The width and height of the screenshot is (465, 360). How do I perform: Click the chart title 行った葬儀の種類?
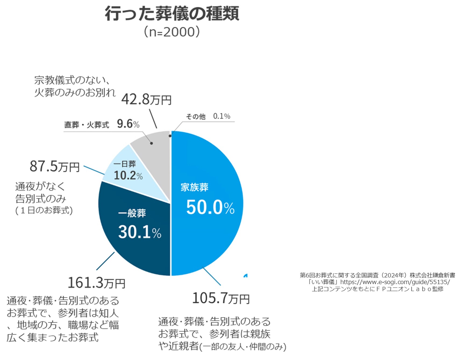tap(172, 14)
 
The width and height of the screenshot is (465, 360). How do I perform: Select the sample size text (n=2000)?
tap(172, 32)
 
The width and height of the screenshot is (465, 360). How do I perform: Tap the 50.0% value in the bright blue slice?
tap(210, 207)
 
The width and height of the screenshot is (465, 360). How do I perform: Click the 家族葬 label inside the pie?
tap(194, 187)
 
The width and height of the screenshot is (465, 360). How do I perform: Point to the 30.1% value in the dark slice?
tap(139, 232)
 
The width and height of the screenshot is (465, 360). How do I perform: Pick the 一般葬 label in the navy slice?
tap(132, 213)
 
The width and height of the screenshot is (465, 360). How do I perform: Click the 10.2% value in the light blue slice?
tap(128, 175)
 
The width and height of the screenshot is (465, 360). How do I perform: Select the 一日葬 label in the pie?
tap(125, 164)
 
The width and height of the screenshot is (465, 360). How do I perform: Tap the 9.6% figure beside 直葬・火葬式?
tap(128, 124)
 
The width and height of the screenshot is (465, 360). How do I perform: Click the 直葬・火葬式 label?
tap(87, 125)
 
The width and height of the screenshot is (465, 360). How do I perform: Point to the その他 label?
tap(196, 116)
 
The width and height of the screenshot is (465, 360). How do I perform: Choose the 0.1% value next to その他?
tap(222, 116)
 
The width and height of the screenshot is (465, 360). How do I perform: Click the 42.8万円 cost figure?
tap(146, 100)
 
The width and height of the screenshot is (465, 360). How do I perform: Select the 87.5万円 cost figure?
tap(55, 166)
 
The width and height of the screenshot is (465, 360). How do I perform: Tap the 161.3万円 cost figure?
tap(96, 283)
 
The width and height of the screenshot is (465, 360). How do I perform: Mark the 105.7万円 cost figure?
tap(221, 298)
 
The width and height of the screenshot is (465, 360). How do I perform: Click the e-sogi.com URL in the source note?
tap(395, 282)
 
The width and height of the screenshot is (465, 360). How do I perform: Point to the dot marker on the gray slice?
tap(152, 143)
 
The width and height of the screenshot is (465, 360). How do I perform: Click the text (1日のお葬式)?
tap(44, 210)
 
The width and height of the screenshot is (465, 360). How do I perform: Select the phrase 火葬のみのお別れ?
tap(75, 92)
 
